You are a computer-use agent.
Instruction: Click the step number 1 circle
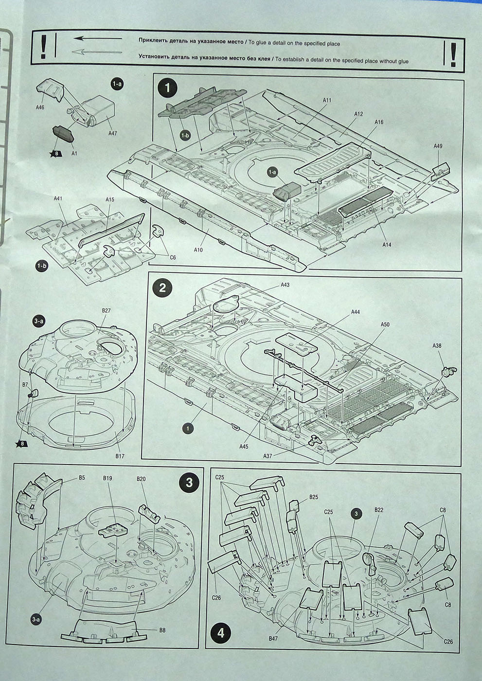168,89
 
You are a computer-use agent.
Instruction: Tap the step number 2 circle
162,287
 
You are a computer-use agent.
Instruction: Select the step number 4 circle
221,633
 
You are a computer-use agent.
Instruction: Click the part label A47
113,133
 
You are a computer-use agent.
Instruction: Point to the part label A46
40,107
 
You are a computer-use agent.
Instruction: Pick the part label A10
198,250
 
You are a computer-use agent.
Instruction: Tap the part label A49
438,146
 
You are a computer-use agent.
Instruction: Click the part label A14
387,245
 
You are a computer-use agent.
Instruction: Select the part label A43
285,285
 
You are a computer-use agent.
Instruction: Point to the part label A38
437,345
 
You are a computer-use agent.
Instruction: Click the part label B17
120,456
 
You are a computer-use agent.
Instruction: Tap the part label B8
162,630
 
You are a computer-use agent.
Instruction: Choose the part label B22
379,510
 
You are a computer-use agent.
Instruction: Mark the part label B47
273,638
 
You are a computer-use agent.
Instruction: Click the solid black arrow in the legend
98,37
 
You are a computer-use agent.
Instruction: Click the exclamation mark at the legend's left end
44,48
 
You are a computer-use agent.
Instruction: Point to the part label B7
25,385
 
